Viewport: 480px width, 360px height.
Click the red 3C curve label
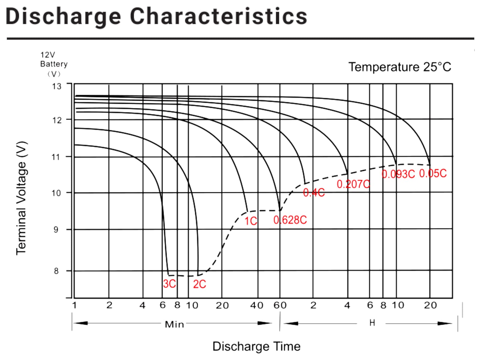coord(169,284)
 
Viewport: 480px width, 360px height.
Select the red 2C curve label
coord(199,284)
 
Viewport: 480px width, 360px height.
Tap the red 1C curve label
coord(250,221)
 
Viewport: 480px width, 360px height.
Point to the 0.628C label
coord(290,220)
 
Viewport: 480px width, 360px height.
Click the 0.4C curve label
coord(314,193)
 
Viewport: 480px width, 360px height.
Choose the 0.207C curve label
coord(353,184)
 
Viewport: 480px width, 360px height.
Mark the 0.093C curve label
coord(398,174)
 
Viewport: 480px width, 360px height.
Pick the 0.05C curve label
coord(433,173)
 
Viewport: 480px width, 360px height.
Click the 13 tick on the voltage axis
coord(56,86)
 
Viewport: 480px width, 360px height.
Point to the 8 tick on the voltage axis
coord(56,271)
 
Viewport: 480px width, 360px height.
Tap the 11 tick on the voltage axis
coord(56,157)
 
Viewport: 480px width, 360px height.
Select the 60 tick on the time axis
coord(280,305)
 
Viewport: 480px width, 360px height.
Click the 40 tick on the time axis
coord(256,305)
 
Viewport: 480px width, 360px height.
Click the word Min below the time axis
coord(174,324)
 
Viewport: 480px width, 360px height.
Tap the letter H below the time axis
coord(372,323)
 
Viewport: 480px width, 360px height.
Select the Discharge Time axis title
coord(256,346)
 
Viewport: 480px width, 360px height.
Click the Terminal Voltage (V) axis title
coord(22,198)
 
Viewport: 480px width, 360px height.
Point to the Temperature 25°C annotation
coord(400,67)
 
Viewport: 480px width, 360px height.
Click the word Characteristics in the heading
coord(218,16)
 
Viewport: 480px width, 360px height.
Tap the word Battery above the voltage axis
coord(54,64)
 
